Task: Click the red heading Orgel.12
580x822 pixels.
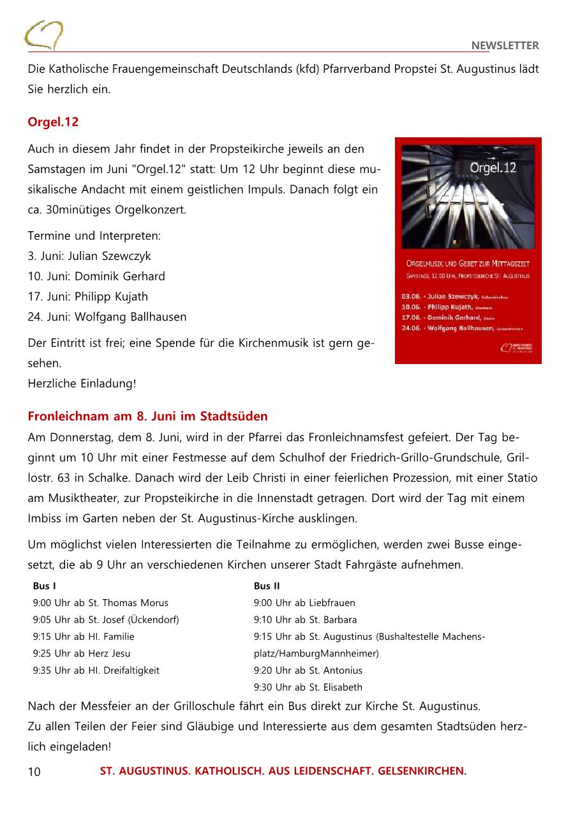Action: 53,122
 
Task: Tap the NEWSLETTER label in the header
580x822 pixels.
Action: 505,45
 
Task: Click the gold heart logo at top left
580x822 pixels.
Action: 43,35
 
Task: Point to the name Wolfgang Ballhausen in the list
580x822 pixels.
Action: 131,317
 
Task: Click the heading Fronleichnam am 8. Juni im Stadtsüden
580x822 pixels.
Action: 147,416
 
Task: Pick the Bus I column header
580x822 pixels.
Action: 44,586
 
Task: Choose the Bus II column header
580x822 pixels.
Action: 267,586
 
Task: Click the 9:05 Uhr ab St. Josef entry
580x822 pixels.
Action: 106,620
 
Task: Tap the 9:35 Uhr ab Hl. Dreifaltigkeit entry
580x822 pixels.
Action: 96,671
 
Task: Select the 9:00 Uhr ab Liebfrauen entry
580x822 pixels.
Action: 304,603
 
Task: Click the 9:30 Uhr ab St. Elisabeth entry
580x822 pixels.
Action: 308,687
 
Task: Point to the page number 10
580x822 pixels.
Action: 34,772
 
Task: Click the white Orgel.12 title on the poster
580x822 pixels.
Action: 493,169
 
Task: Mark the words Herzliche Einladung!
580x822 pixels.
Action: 82,384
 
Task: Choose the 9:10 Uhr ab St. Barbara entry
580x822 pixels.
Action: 305,620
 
